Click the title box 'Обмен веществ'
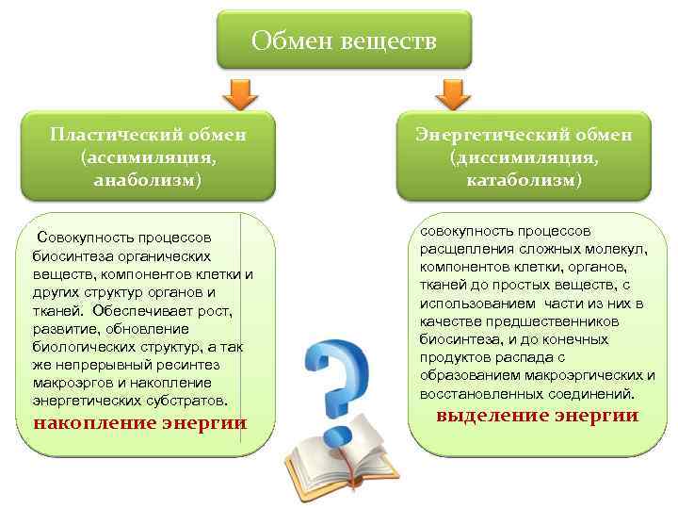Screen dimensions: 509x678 [344, 41]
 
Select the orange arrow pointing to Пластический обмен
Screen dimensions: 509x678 [239, 91]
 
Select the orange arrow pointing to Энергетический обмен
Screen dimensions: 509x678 [454, 91]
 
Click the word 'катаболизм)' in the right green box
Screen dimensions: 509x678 [524, 179]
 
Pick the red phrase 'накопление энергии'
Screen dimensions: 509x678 [140, 422]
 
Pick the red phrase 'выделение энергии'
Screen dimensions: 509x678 [538, 416]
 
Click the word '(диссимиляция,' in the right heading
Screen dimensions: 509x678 [524, 156]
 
